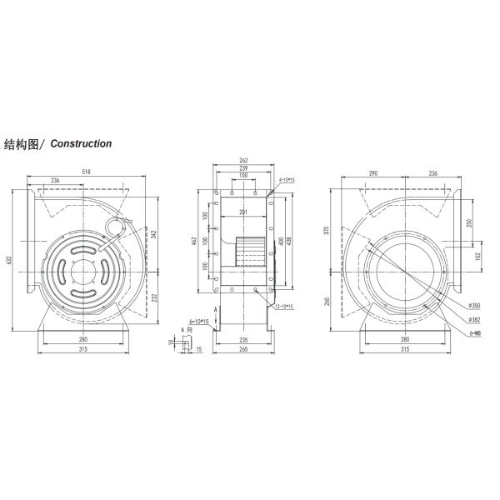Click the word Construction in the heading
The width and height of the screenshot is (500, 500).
click(81, 143)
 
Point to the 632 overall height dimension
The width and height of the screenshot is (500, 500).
click(10, 260)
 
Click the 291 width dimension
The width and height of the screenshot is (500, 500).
click(242, 212)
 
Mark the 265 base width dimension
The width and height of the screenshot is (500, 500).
click(242, 349)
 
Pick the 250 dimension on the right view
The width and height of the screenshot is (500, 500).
click(471, 222)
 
